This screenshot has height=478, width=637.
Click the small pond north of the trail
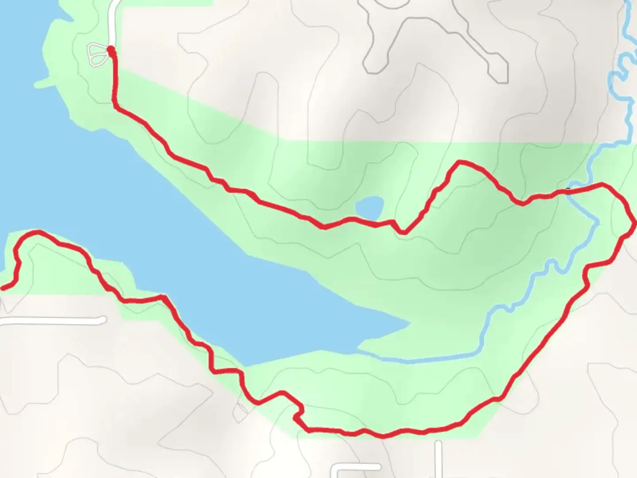pyautogui.click(x=370, y=207)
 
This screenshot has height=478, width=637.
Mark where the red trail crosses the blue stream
pyautogui.click(x=569, y=191)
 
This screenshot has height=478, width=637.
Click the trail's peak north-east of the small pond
pyautogui.click(x=460, y=162)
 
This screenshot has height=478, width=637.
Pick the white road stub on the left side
pyautogui.click(x=53, y=321)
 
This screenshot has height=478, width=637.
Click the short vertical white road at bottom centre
pyautogui.click(x=438, y=458)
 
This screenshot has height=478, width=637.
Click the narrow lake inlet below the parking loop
pyautogui.click(x=44, y=83)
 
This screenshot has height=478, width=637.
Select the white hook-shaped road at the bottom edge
pyautogui.click(x=354, y=468)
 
